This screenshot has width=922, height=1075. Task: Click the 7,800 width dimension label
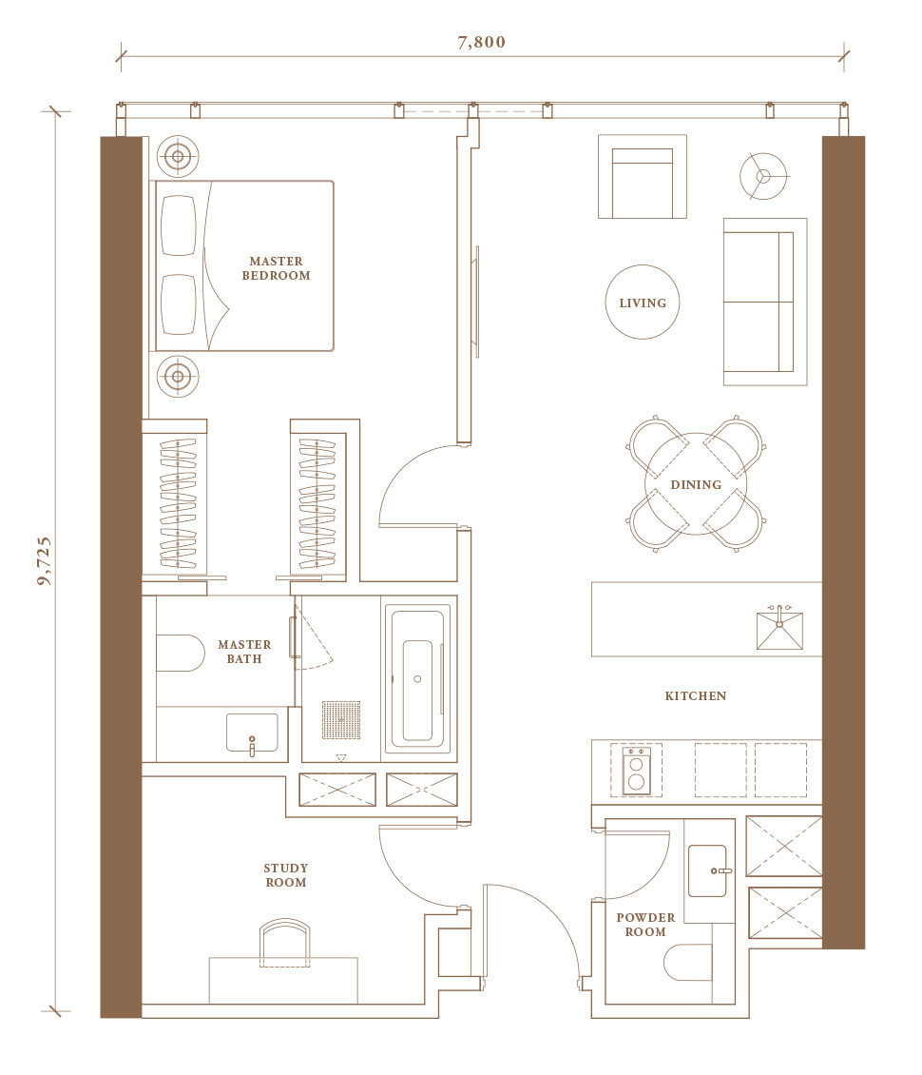[x=482, y=42]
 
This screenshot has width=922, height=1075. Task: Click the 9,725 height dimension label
[x=44, y=561]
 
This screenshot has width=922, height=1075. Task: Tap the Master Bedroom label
[x=276, y=268]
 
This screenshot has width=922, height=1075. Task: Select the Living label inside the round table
[x=643, y=303]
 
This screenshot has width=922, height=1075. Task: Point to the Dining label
[x=696, y=485]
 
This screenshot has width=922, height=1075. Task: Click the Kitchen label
[x=695, y=695]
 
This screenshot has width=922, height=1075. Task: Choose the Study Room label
[x=286, y=875]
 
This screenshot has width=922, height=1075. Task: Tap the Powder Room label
[x=645, y=924]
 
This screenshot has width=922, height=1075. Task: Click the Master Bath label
[x=244, y=652]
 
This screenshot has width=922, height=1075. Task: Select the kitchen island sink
[x=779, y=629]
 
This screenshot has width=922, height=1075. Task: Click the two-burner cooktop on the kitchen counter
[x=636, y=770]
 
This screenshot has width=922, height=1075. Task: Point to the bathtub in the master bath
[x=417, y=678]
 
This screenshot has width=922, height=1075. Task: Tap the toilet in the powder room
[x=688, y=963]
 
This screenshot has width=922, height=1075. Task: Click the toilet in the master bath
[x=181, y=653]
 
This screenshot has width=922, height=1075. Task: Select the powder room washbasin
[x=707, y=870]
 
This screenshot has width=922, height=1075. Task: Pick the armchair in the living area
[x=643, y=177]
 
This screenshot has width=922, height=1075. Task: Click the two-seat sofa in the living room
[x=765, y=302]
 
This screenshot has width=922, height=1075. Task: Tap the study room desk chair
[x=285, y=943]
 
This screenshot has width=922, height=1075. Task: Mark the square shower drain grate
[x=341, y=720]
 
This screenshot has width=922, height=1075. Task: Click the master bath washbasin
[x=252, y=733]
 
